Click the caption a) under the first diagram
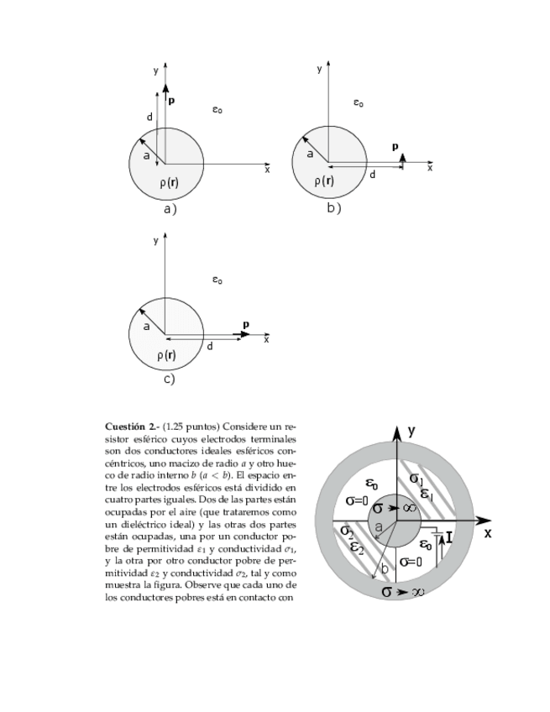(170, 209)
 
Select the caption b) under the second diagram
(333, 207)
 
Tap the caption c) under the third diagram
(169, 380)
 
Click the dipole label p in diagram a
(171, 100)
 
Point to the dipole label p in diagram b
(395, 147)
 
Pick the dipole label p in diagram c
(245, 324)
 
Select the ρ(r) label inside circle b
(323, 181)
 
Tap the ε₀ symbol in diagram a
(217, 109)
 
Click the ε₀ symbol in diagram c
(217, 280)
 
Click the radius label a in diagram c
(146, 326)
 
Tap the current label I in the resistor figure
(449, 537)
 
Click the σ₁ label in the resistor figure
(416, 479)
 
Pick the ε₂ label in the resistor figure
(357, 550)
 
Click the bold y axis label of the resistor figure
(411, 431)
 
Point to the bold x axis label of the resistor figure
(488, 533)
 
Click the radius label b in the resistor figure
(385, 568)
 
